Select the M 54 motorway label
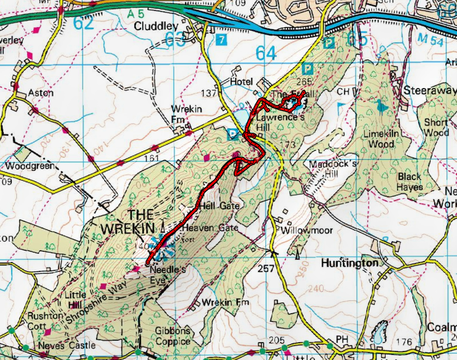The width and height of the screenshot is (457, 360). click(x=429, y=41)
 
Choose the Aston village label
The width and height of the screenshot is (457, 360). click(x=41, y=93)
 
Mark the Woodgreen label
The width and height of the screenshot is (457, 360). click(x=30, y=166)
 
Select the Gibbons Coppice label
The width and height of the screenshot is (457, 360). click(x=173, y=336)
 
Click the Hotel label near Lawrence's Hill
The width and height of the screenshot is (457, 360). click(x=241, y=82)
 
